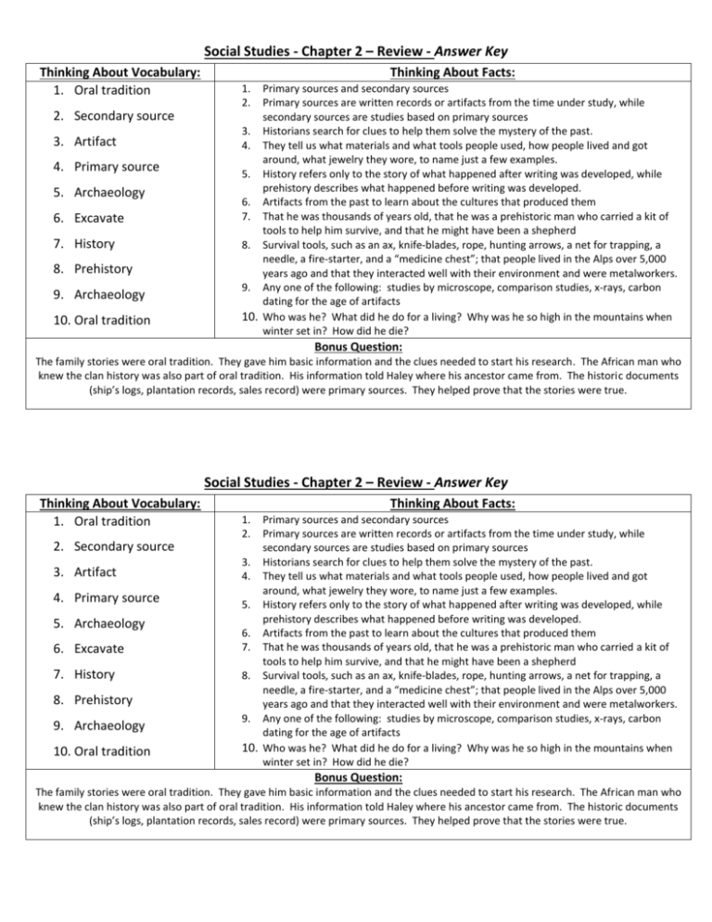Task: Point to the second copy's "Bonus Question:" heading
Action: (x=356, y=775)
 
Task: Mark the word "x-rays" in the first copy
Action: (x=584, y=287)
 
